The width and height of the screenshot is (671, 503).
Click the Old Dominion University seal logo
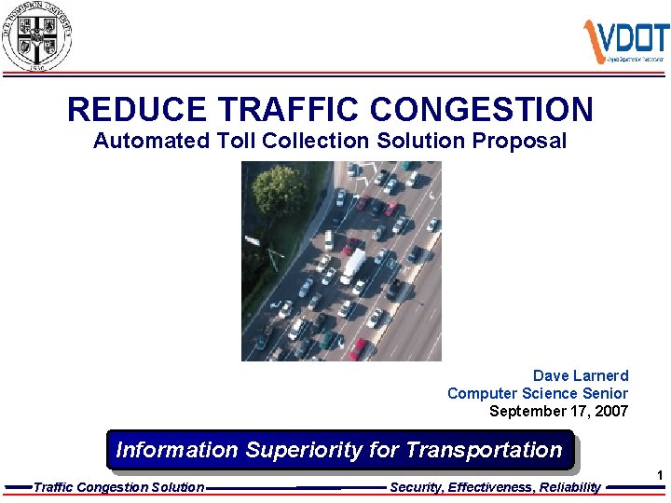[36, 35]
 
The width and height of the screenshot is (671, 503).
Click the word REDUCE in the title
[136, 110]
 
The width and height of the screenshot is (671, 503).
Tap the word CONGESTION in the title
[482, 110]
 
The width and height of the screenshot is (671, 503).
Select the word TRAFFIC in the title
[288, 110]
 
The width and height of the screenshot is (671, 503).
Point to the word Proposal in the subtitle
[519, 142]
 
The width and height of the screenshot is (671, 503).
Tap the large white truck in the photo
[354, 265]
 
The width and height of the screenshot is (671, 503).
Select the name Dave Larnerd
[581, 375]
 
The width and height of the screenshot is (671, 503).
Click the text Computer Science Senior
[538, 393]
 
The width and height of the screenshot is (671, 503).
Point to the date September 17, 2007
[559, 411]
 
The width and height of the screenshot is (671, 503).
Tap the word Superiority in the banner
[304, 450]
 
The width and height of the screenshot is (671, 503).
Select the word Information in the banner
[177, 450]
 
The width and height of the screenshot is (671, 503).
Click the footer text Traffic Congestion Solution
[119, 487]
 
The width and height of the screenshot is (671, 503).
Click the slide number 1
[660, 476]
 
